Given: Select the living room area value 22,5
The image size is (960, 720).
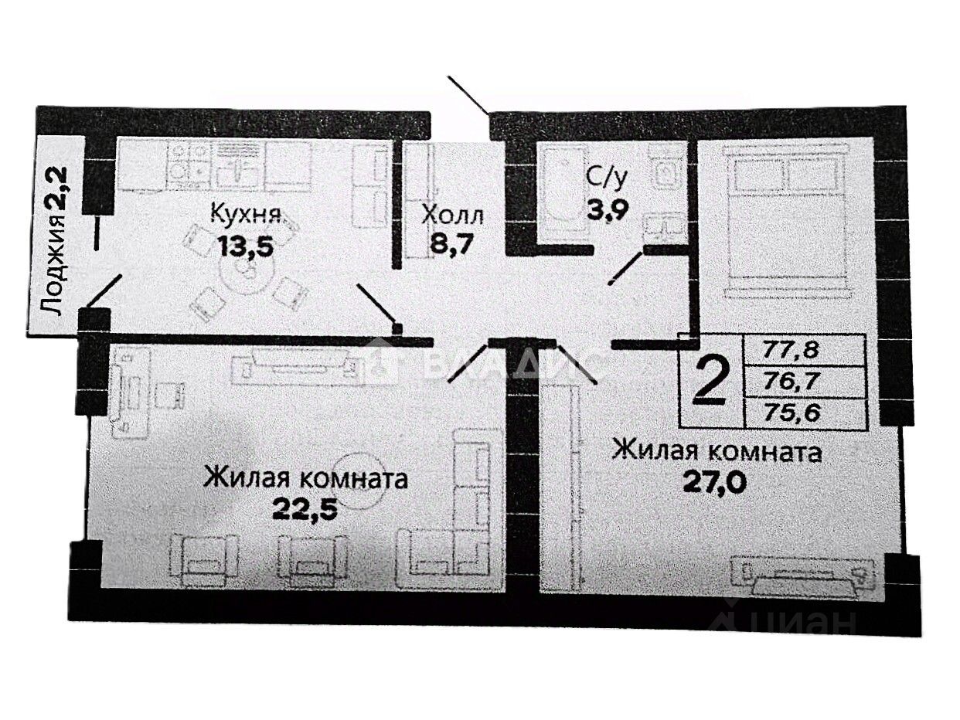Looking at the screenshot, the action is coord(306,510).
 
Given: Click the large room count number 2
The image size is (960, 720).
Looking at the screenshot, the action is coord(710,381).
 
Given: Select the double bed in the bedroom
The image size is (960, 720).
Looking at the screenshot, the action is coord(788,224).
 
